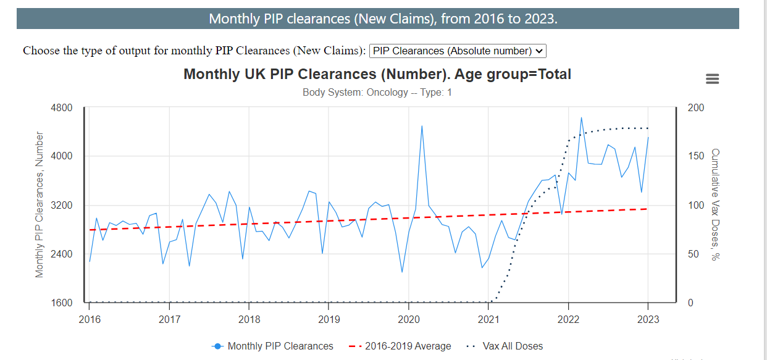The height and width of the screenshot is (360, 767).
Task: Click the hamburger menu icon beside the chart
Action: pos(712,79)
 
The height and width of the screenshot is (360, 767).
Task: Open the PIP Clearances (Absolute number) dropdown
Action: pos(458,51)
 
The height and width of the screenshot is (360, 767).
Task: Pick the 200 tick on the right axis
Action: pos(695,107)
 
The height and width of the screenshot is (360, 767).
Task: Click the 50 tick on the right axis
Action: pos(693,254)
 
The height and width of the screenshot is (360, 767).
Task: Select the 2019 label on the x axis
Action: pos(328,319)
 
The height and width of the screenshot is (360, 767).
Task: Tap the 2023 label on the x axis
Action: pos(648,319)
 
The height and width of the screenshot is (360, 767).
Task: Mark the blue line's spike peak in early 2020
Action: pos(422,126)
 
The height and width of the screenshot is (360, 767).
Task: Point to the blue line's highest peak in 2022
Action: pos(581,117)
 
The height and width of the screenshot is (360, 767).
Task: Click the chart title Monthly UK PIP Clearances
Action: pos(377,75)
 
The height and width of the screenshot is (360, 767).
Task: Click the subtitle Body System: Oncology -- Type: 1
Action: pos(377,93)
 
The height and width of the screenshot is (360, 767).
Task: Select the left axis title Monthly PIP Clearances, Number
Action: pos(40,204)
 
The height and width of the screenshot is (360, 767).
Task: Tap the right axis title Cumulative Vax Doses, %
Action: pos(715,204)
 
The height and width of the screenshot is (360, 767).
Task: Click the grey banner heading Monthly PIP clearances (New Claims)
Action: pos(383,19)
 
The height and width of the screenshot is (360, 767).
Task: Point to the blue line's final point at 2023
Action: pos(648,137)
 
